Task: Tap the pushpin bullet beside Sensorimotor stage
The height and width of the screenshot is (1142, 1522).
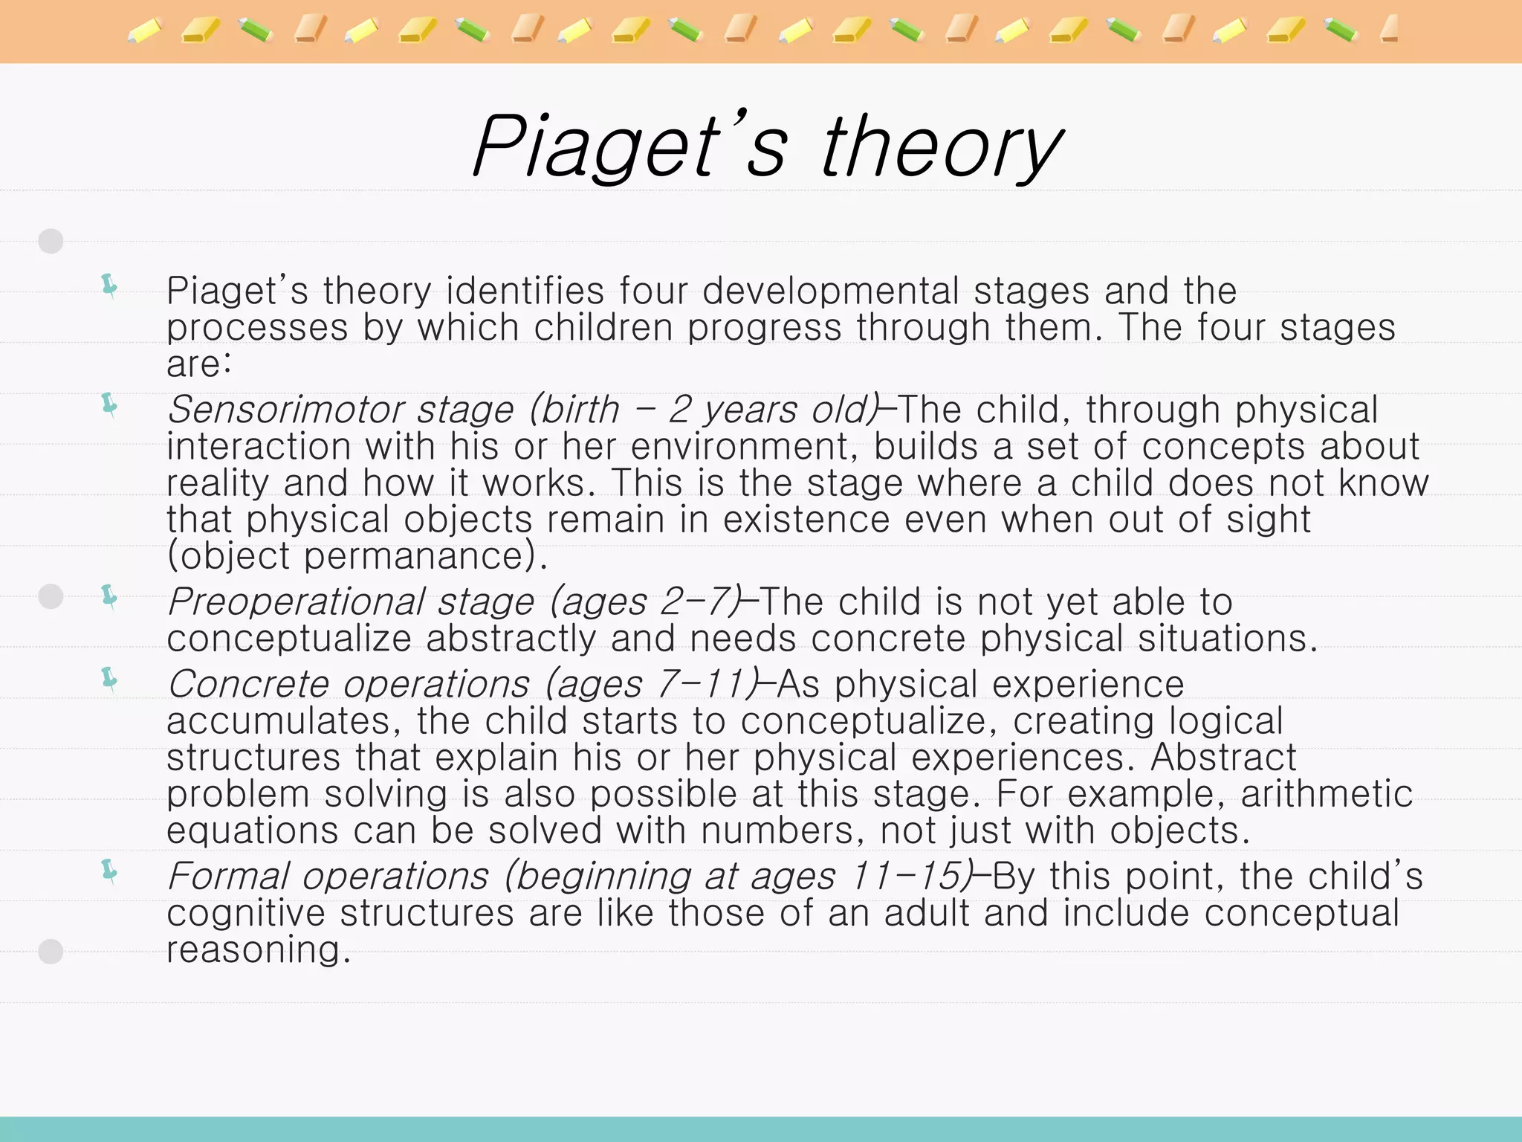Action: click(110, 405)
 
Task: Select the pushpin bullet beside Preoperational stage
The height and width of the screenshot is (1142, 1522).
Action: click(110, 597)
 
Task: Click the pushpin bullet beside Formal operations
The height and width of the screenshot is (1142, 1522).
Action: click(110, 871)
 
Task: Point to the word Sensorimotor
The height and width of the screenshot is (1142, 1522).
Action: click(285, 410)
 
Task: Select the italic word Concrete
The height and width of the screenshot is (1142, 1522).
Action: click(247, 684)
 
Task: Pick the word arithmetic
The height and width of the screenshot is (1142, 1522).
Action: click(1326, 793)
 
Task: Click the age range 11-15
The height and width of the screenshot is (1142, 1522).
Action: click(906, 876)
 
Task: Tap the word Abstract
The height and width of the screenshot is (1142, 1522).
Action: click(1223, 757)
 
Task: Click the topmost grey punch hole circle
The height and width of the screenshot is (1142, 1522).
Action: click(51, 241)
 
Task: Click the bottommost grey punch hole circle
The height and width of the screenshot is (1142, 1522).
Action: click(51, 952)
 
